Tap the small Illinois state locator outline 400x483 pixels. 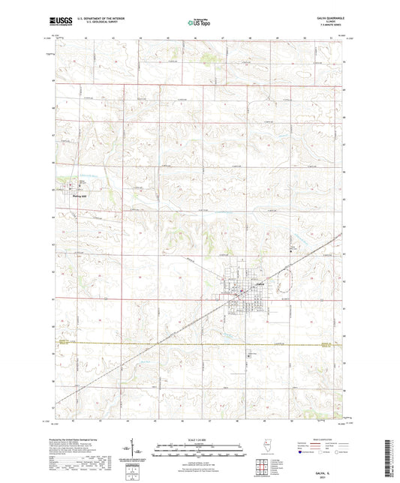(x=267, y=444)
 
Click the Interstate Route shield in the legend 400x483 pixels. (x=299, y=452)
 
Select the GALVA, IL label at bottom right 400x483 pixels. (x=323, y=472)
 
